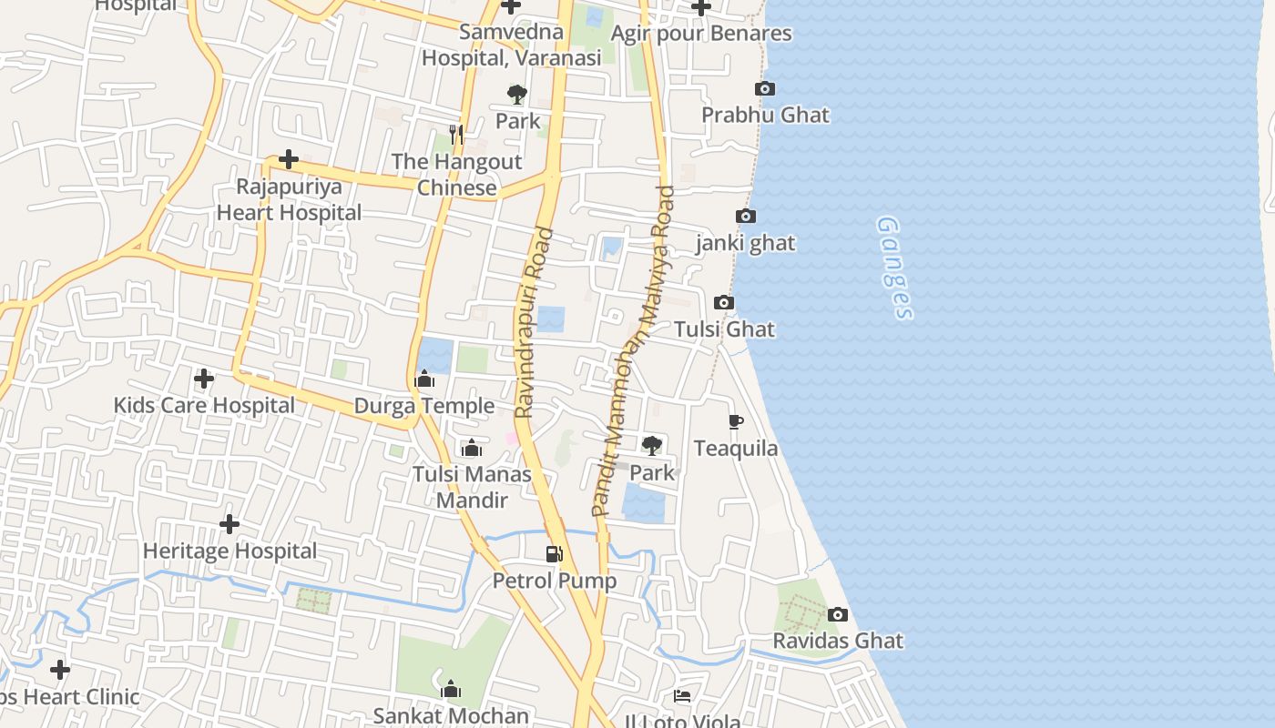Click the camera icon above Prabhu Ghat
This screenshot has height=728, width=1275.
pos(765,89)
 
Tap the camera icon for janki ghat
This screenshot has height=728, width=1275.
pos(746,217)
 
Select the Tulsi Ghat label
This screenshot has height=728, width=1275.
pos(725,329)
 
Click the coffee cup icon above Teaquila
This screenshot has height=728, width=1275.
pos(736,421)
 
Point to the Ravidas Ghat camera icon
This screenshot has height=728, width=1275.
pos(838,615)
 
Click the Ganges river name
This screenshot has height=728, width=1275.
pos(894,268)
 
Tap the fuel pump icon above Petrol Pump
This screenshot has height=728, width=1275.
pos(554,553)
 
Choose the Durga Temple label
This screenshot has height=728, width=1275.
pos(424,406)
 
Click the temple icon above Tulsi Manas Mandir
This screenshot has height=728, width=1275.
pos(472,448)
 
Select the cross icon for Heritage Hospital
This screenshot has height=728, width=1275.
pos(229,524)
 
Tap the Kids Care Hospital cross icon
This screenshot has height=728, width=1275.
pos(204,379)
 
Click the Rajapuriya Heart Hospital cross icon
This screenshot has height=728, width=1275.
pos(289,160)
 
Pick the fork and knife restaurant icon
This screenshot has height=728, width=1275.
pos(457,135)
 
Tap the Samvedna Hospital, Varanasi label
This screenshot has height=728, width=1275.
pos(511,45)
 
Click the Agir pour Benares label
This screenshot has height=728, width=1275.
pos(701,34)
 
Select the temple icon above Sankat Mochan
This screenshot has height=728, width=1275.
pos(451,689)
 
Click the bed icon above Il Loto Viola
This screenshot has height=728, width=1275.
pos(682,696)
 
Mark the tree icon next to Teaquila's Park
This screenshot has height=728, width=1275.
pos(651,446)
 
